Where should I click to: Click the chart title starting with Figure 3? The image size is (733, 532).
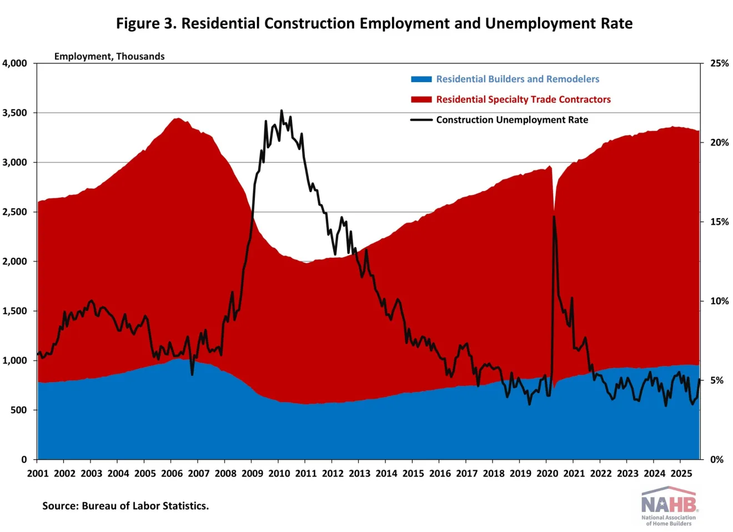point(374,23)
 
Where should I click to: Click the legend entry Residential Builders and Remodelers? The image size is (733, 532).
point(517,79)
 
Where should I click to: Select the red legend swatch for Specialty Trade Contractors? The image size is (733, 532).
point(421,99)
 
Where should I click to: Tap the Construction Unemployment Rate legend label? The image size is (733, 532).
point(511,120)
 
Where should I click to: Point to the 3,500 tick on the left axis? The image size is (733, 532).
point(15,113)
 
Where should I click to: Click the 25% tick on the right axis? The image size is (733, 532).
point(719,63)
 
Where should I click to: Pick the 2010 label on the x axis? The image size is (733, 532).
point(279,473)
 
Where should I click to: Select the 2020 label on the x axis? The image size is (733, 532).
point(547,473)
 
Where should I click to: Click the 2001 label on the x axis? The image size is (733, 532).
point(38,473)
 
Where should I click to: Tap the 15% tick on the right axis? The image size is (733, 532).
point(719,222)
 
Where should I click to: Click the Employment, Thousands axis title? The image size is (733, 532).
point(109,56)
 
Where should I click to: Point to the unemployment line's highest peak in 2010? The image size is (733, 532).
point(282,111)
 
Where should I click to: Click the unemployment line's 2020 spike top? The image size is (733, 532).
point(554,217)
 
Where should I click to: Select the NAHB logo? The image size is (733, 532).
point(669,505)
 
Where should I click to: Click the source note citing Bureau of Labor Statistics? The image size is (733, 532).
point(125,506)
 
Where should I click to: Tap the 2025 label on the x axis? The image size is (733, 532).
point(681,473)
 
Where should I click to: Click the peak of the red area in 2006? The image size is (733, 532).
point(177,118)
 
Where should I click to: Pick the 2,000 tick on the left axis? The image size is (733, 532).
point(15,261)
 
